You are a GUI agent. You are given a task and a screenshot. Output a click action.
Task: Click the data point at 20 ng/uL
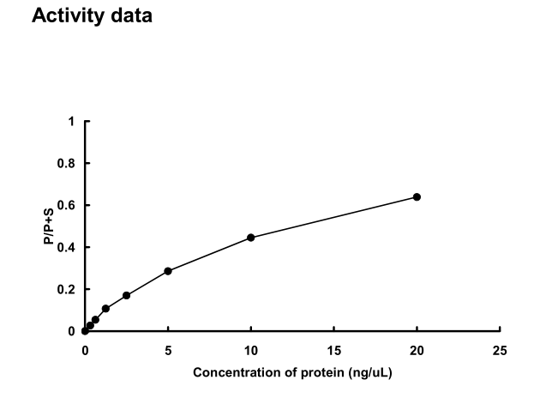coord(417,196)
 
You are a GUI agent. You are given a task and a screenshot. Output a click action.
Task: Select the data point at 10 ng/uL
coord(251,237)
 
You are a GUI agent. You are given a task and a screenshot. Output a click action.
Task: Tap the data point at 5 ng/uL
coord(168,271)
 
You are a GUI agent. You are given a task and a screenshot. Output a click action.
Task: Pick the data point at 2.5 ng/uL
coord(126,295)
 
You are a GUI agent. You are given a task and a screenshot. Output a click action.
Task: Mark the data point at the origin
coord(85,330)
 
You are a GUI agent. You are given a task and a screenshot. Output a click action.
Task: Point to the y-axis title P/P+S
coord(49,226)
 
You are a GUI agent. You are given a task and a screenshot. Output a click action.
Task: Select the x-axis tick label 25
coord(500,350)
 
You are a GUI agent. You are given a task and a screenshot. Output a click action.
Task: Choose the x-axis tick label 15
coord(334,350)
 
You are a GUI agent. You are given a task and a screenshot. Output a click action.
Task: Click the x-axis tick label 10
coord(251,350)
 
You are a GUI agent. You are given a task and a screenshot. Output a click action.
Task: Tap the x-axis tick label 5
coord(168,350)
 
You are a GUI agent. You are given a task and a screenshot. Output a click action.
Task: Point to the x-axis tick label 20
coord(417,350)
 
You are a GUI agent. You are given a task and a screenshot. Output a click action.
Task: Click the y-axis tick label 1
coord(72,122)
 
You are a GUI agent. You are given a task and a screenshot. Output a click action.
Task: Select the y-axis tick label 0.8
coord(68,164)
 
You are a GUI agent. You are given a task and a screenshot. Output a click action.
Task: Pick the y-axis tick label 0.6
coord(68,206)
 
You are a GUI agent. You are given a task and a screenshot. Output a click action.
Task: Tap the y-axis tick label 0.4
coord(68,247)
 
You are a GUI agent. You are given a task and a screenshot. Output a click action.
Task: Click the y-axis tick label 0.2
coord(68,289)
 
